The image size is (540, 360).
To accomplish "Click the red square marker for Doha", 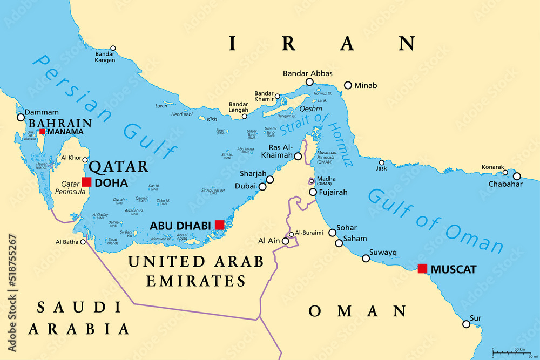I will pyautogui.click(x=86, y=182).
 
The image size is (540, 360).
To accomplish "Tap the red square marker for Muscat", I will pyautogui.click(x=422, y=268).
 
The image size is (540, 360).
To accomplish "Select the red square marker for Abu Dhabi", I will pyautogui.click(x=219, y=225).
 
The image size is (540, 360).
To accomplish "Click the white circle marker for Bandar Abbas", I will pyautogui.click(x=309, y=82).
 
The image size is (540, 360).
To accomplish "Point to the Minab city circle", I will pyautogui.click(x=348, y=85).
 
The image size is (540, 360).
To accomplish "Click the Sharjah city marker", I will pyautogui.click(x=270, y=180).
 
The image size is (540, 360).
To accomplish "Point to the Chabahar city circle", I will pyautogui.click(x=517, y=176).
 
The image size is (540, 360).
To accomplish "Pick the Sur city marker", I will pyautogui.click(x=466, y=324).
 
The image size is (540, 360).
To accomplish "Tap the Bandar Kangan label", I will pyautogui.click(x=105, y=57).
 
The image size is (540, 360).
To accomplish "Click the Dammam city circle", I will pyautogui.click(x=21, y=117).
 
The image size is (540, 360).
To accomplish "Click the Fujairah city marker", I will pyautogui.click(x=313, y=192).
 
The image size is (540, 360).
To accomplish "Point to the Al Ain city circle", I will pyautogui.click(x=286, y=241).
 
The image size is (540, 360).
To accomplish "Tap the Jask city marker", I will pyautogui.click(x=382, y=162).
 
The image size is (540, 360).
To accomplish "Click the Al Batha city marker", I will pyautogui.click(x=83, y=242).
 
